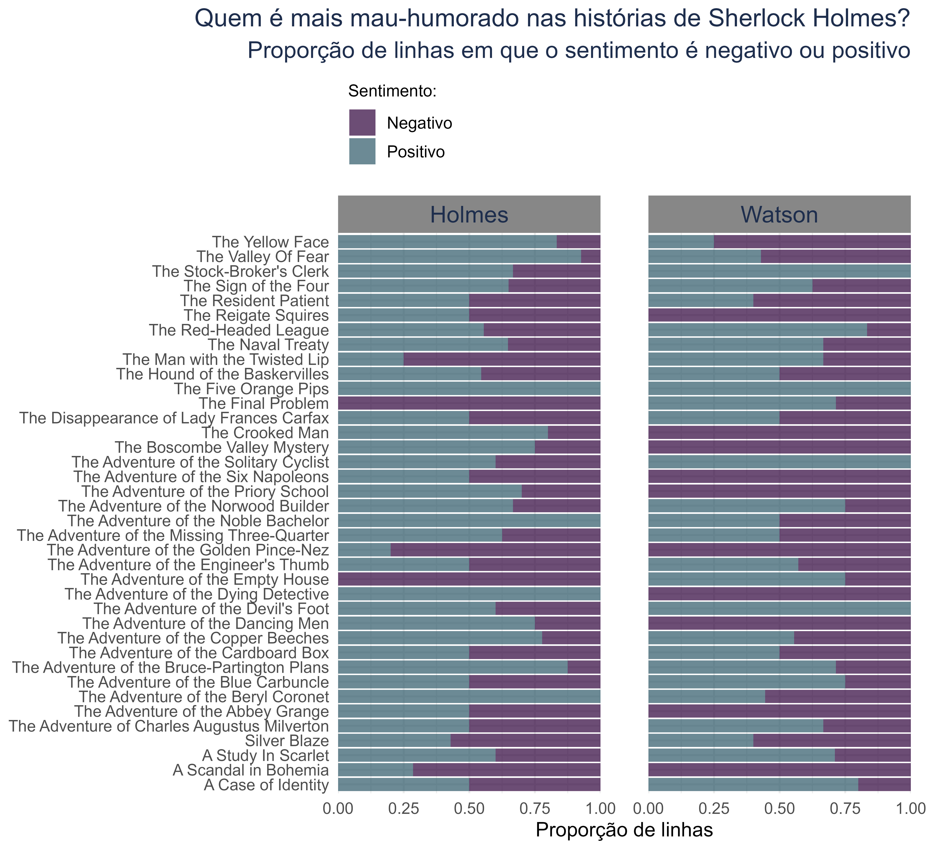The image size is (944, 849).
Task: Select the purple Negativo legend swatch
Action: (x=362, y=123)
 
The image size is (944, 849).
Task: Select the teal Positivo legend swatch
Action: (x=362, y=151)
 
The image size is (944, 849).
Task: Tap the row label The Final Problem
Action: (x=264, y=403)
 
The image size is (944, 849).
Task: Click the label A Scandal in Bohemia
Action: (x=251, y=770)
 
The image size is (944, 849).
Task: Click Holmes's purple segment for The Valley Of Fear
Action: (x=590, y=257)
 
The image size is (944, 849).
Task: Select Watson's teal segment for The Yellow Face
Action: (x=681, y=242)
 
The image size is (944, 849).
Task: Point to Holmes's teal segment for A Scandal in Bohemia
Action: (x=375, y=770)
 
